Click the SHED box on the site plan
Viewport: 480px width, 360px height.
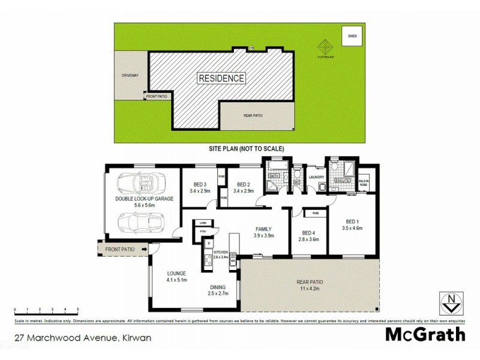coord(352,37)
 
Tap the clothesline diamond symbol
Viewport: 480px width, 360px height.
coord(325,46)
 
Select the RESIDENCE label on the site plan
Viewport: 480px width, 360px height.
coord(221,78)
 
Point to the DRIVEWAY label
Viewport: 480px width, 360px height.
coord(130,76)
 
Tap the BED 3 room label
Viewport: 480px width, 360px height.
coord(200,185)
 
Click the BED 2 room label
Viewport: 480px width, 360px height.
coord(243,185)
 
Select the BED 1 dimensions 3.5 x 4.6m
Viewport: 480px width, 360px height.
coord(353,228)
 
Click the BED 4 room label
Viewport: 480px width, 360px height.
coord(308,233)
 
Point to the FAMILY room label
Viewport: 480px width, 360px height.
coord(263,229)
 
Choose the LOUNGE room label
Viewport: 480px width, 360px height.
coord(177,272)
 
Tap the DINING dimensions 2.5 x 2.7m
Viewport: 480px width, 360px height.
coord(218,293)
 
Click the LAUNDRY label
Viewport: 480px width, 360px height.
coord(316,177)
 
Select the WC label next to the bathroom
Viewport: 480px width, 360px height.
coord(296,182)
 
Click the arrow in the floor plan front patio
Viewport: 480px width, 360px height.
coord(145,249)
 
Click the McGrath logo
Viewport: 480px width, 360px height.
coord(424,334)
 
